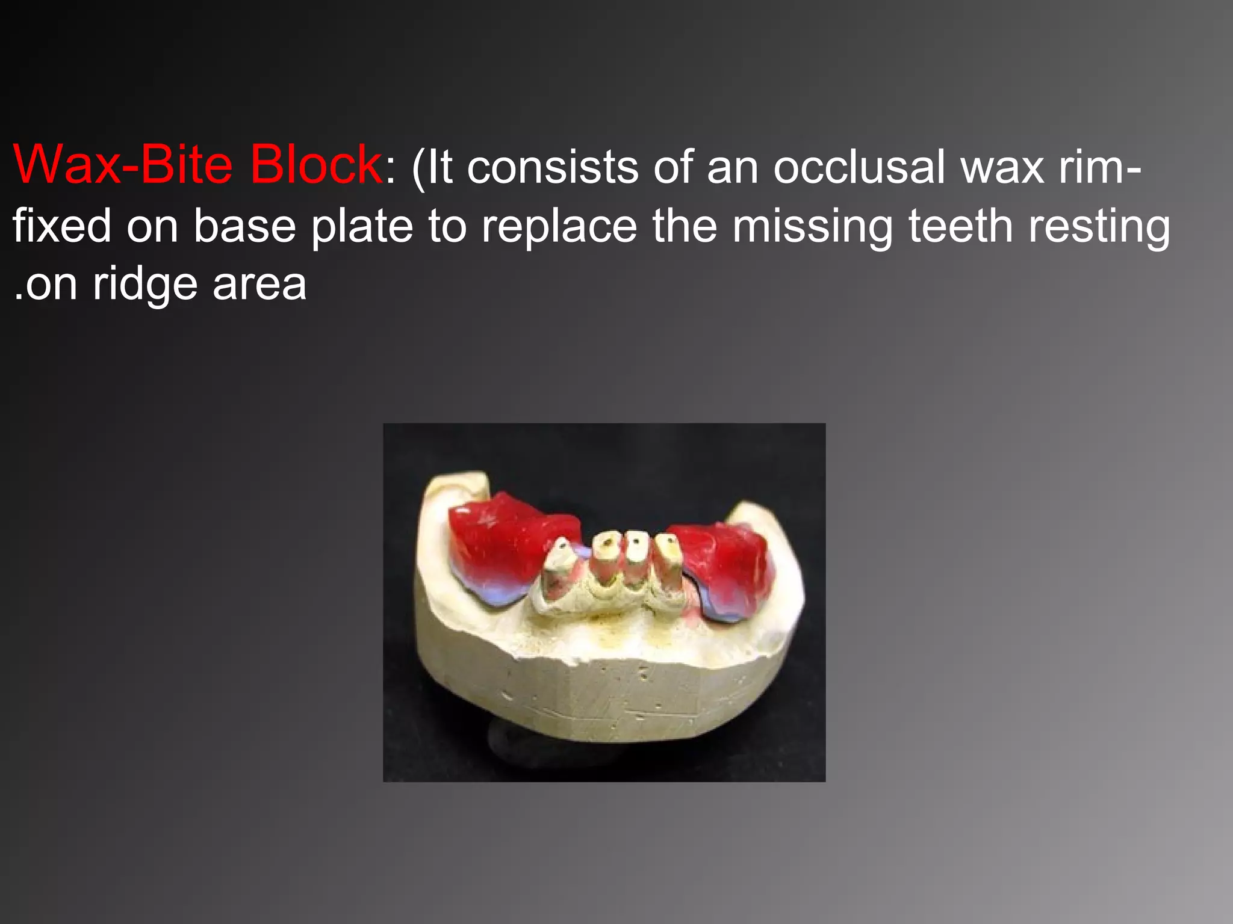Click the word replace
[x=559, y=227]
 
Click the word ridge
[x=145, y=285]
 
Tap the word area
[x=259, y=285]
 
